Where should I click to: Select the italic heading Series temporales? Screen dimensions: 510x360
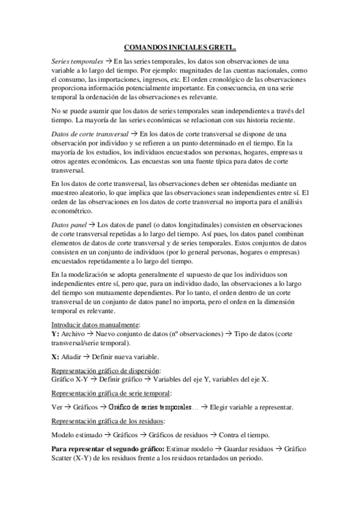[x=77, y=62]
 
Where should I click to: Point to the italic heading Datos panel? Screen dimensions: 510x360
[x=70, y=223]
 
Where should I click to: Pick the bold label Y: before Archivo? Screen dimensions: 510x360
[x=55, y=333]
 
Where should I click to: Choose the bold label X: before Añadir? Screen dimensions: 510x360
[x=55, y=355]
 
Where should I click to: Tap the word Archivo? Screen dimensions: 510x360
[x=73, y=333]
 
